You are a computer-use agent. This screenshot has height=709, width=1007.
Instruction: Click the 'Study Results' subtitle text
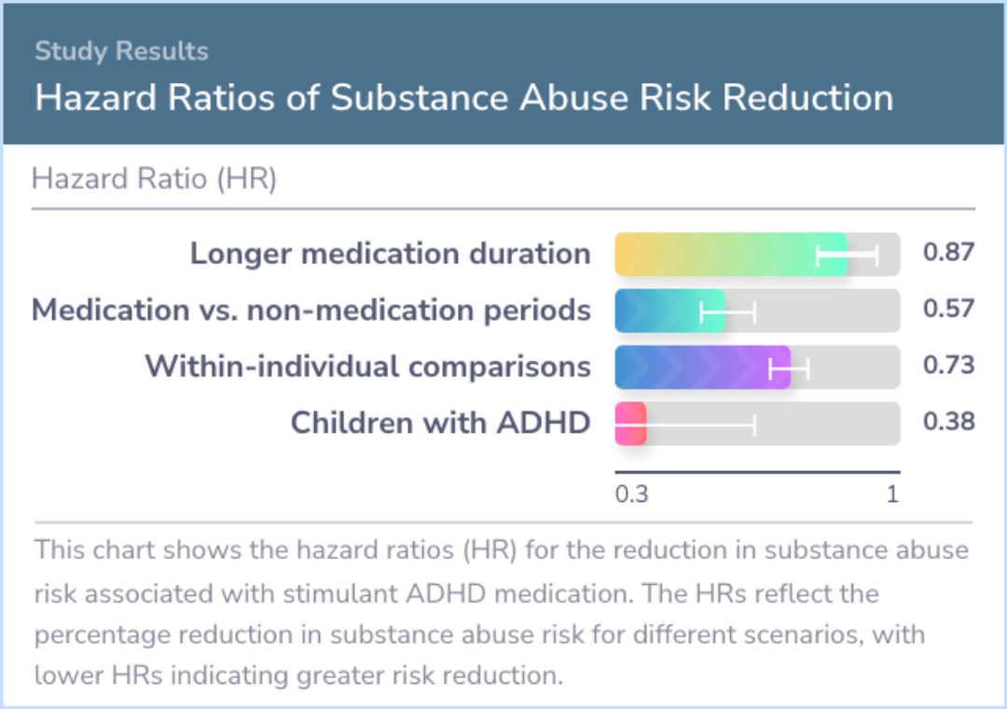pyautogui.click(x=121, y=51)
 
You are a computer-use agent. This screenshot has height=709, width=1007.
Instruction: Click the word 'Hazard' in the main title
pyautogui.click(x=91, y=98)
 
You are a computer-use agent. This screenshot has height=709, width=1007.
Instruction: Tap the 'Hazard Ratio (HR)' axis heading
pyautogui.click(x=154, y=178)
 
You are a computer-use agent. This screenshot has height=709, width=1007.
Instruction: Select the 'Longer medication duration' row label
pyautogui.click(x=390, y=254)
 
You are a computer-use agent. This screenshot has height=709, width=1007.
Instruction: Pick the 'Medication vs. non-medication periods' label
pyautogui.click(x=310, y=310)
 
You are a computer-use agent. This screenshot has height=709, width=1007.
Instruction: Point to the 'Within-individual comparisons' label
pyautogui.click(x=367, y=367)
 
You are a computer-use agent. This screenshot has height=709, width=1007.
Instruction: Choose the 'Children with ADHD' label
pyautogui.click(x=440, y=423)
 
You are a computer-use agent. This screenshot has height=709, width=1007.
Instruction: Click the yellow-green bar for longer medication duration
pyautogui.click(x=730, y=255)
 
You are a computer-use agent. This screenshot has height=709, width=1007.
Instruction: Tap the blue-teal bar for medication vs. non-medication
pyautogui.click(x=669, y=311)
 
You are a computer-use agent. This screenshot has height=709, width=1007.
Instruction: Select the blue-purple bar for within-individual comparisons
pyautogui.click(x=701, y=368)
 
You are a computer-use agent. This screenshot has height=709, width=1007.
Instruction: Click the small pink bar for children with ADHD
pyautogui.click(x=630, y=424)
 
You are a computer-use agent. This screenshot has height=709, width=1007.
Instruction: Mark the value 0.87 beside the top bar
pyautogui.click(x=948, y=253)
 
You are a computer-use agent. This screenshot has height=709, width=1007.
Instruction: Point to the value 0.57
pyautogui.click(x=948, y=309)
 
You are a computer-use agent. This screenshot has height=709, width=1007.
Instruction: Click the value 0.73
pyautogui.click(x=948, y=366)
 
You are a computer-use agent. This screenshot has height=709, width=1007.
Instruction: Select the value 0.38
pyautogui.click(x=948, y=422)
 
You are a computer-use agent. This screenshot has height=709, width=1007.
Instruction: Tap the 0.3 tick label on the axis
pyautogui.click(x=631, y=494)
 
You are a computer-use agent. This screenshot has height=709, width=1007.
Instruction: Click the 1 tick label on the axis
pyautogui.click(x=892, y=494)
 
